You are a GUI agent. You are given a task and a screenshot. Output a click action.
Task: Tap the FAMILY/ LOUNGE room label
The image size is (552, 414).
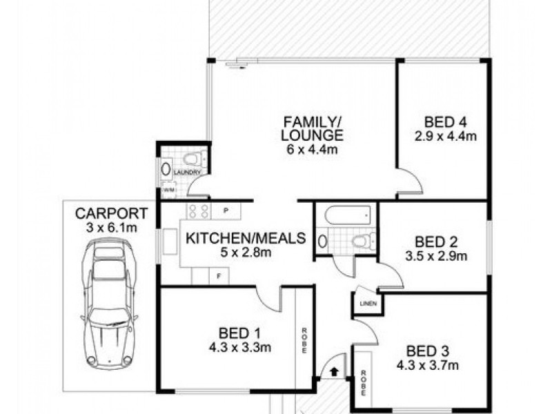(313, 128)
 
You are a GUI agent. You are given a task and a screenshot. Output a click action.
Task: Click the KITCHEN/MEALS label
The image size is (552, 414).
(246, 239)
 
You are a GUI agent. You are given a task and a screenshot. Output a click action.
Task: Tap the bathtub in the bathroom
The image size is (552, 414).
(346, 215)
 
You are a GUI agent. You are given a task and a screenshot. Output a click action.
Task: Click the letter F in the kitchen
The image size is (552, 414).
(219, 276)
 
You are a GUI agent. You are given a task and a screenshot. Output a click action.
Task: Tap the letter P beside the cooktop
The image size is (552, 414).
(226, 210)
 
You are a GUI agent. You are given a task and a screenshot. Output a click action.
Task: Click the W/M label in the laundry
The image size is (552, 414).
(168, 190)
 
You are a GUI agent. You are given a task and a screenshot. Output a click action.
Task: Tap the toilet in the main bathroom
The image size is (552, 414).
(360, 241)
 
